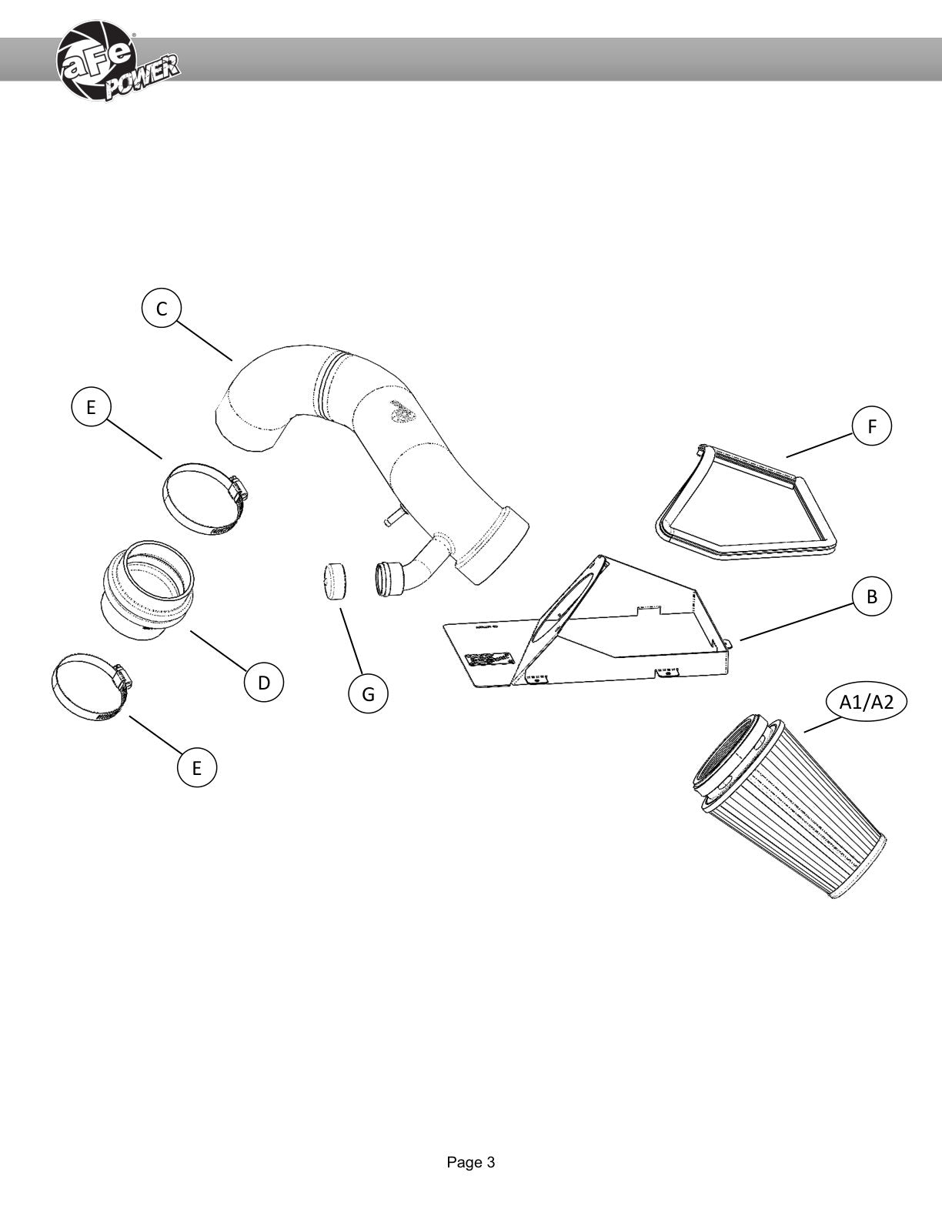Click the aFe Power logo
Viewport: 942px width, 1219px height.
click(x=119, y=62)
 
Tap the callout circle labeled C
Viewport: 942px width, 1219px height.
click(x=162, y=309)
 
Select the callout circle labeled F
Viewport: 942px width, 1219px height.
click(x=871, y=426)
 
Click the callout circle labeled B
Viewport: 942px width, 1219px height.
click(x=871, y=596)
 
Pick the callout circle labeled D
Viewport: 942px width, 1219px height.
click(x=264, y=683)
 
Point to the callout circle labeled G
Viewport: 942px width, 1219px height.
click(x=368, y=694)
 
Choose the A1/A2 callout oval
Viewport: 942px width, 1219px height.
click(x=866, y=701)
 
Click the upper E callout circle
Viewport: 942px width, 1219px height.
click(x=91, y=407)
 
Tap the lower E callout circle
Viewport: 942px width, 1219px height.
click(x=196, y=767)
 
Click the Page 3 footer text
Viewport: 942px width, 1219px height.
click(x=471, y=1158)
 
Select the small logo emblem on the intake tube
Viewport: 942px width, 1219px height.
click(x=403, y=411)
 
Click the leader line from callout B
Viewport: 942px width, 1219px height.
click(x=797, y=622)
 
